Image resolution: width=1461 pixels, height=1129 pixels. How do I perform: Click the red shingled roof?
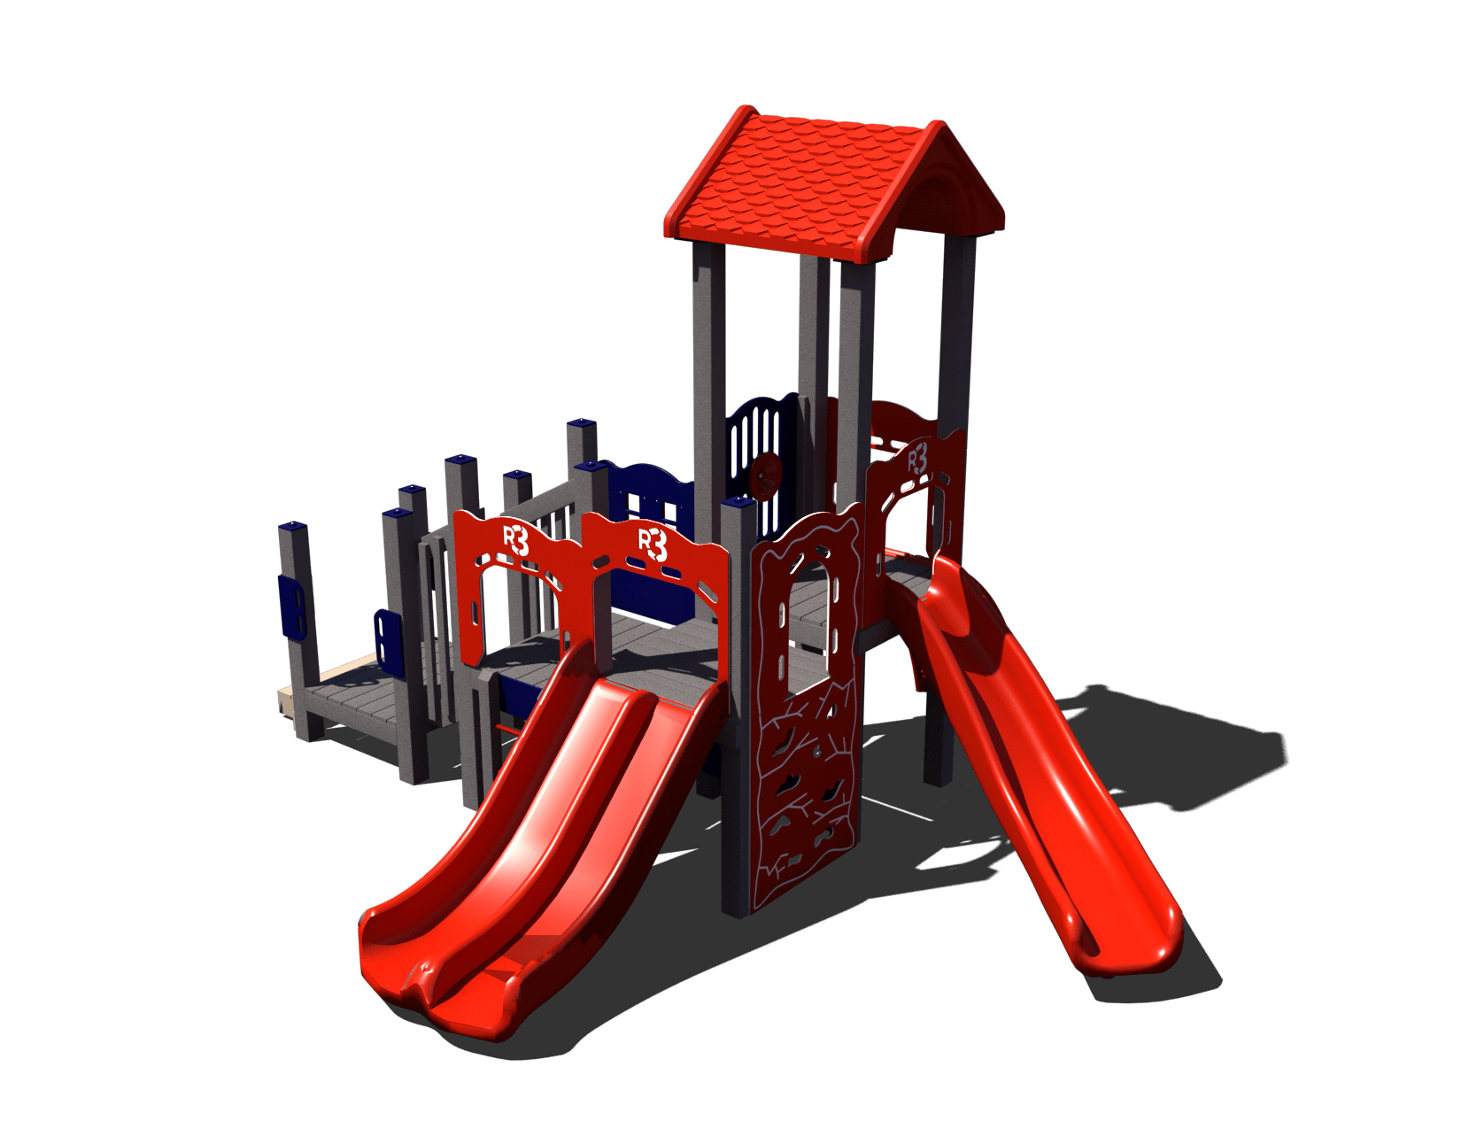tap(834, 185)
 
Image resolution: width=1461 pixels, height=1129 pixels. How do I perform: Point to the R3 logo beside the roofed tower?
tap(917, 460)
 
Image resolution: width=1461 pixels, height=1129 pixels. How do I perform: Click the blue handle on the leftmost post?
tap(290, 605)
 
